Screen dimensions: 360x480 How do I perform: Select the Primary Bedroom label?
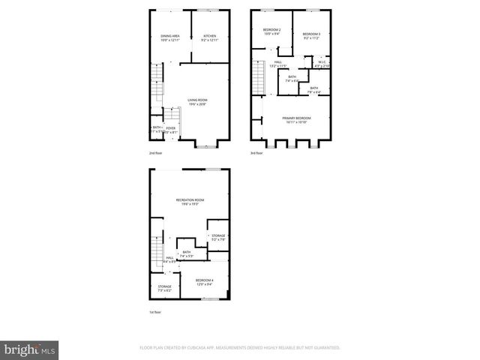click(296, 120)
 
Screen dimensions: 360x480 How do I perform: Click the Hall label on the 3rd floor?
click(277, 64)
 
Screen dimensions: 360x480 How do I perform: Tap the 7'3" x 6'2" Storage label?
click(164, 288)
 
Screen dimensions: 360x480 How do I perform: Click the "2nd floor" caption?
click(156, 153)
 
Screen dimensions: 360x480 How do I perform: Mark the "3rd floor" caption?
click(257, 153)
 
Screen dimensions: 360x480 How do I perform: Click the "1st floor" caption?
click(155, 312)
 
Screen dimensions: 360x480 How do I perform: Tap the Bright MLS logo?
click(30, 349)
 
